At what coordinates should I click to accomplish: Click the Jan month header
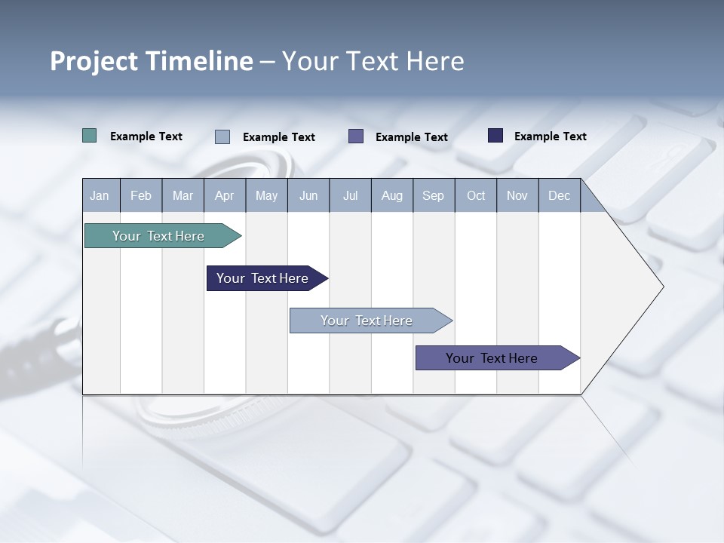pyautogui.click(x=100, y=195)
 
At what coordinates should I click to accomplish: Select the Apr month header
pyautogui.click(x=224, y=195)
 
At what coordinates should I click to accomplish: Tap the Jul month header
pyautogui.click(x=350, y=195)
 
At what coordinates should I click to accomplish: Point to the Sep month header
pyautogui.click(x=433, y=195)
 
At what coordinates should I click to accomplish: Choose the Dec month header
pyautogui.click(x=559, y=195)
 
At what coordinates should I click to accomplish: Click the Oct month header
pyautogui.click(x=476, y=195)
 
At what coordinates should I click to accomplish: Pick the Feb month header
pyautogui.click(x=141, y=195)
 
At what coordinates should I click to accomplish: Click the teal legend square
pyautogui.click(x=89, y=136)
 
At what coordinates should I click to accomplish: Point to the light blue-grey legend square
pyautogui.click(x=222, y=137)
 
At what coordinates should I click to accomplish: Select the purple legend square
pyautogui.click(x=356, y=137)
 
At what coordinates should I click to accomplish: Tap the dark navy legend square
pyautogui.click(x=495, y=136)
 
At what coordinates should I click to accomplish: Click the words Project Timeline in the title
pyautogui.click(x=152, y=61)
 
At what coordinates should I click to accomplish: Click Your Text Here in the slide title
pyautogui.click(x=373, y=61)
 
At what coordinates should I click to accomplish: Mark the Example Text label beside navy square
pyautogui.click(x=550, y=137)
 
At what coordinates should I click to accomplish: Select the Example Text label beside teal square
pyautogui.click(x=146, y=137)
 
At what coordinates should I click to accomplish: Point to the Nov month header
pyautogui.click(x=517, y=195)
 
